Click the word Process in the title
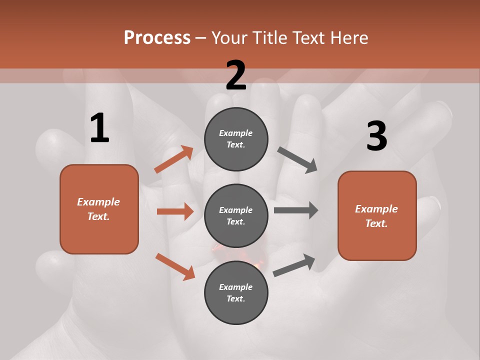157,38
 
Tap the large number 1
99,128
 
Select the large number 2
236,75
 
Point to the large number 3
376,136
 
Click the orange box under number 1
99,209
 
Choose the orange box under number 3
377,215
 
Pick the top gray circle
236,139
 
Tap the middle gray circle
236,215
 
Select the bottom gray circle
236,292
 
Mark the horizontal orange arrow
175,211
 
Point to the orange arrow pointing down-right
175,266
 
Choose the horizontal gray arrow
296,210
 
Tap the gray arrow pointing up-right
294,265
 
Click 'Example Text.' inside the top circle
236,139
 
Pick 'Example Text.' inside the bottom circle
236,292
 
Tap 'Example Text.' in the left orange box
98,209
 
